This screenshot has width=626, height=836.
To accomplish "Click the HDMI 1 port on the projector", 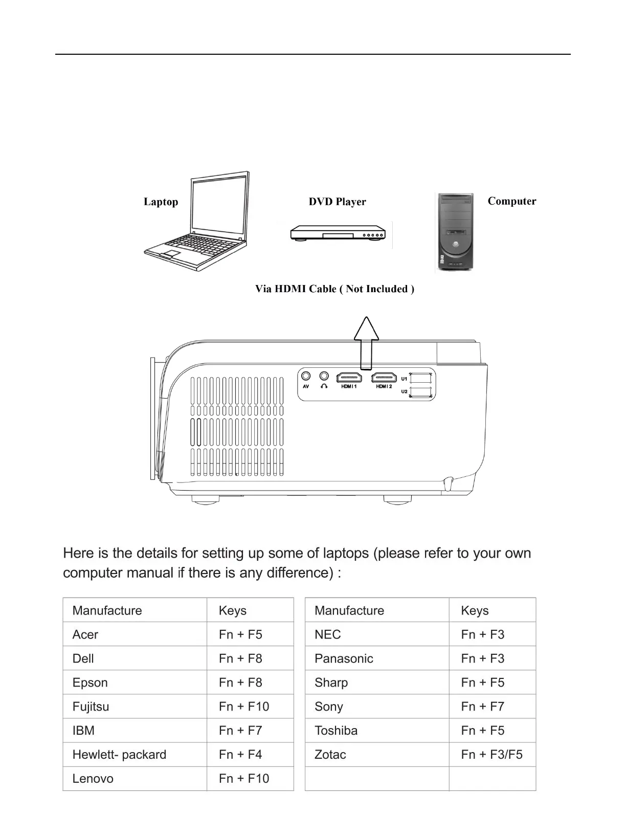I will [x=349, y=378].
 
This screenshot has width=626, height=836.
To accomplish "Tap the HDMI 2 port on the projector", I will [x=384, y=378].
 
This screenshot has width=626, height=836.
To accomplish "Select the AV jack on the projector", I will [x=306, y=377].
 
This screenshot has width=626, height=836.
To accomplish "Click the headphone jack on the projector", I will [x=324, y=377].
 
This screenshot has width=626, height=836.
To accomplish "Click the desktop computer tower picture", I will [x=455, y=233].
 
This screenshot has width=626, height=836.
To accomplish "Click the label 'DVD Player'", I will [x=338, y=202].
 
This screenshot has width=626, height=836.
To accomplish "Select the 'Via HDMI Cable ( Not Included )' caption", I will [x=334, y=289].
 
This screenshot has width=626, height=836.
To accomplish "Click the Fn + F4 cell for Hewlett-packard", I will [x=240, y=755].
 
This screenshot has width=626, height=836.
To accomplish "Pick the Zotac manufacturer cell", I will [x=330, y=755].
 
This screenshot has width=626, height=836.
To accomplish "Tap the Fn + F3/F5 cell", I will [x=491, y=755].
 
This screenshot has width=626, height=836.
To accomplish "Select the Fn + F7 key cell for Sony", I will [x=482, y=707].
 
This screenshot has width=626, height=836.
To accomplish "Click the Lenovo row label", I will [x=93, y=779].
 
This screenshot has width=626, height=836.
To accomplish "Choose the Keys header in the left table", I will [x=233, y=610].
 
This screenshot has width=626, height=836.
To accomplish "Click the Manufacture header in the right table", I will [x=349, y=610].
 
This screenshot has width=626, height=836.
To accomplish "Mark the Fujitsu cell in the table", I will [x=91, y=707].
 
